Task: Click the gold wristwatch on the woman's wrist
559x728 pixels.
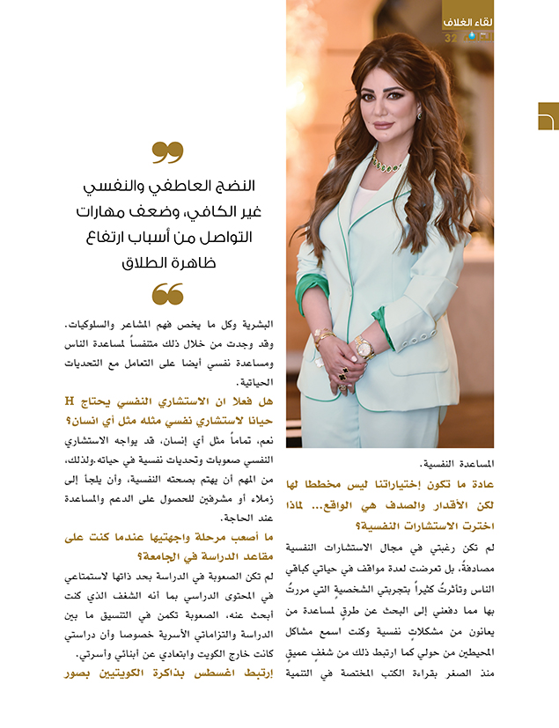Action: click(363, 349)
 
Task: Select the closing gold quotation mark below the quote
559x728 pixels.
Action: click(167, 294)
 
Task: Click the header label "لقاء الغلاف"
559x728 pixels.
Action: click(467, 20)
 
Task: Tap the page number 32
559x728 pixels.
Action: click(451, 38)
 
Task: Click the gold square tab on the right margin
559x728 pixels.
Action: click(548, 116)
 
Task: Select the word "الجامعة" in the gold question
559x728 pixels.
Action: click(184, 556)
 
